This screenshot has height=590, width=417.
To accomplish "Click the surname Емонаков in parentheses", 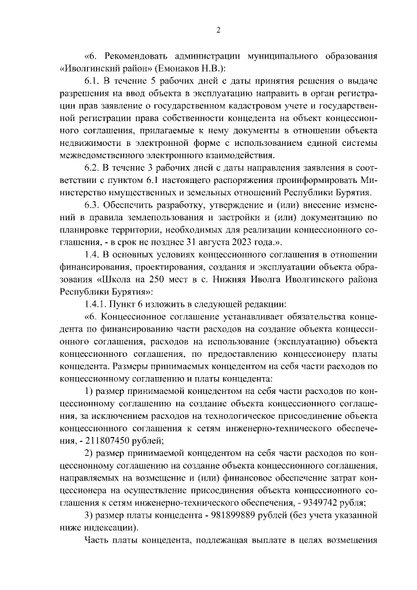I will point(189,68).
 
